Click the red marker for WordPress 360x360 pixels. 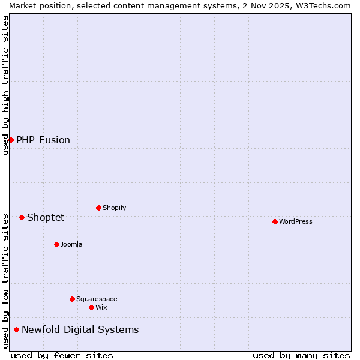(275, 221)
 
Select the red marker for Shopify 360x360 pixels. (98, 208)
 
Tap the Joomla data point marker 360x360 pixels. (56, 244)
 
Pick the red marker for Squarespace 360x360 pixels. (72, 299)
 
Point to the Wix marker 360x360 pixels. (91, 307)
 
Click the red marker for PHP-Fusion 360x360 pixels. (11, 140)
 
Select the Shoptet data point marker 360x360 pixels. (22, 217)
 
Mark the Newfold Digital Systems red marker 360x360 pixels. (16, 329)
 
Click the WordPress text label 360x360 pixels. (296, 221)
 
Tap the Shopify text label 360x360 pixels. (115, 208)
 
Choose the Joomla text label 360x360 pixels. (71, 244)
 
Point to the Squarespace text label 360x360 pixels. (97, 299)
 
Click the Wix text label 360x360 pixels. (101, 307)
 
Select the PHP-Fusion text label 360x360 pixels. (43, 140)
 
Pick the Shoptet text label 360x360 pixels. (46, 217)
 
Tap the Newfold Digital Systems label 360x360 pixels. (80, 329)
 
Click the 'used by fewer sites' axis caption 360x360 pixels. (62, 355)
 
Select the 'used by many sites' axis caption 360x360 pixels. (301, 355)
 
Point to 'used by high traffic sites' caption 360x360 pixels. (5, 85)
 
